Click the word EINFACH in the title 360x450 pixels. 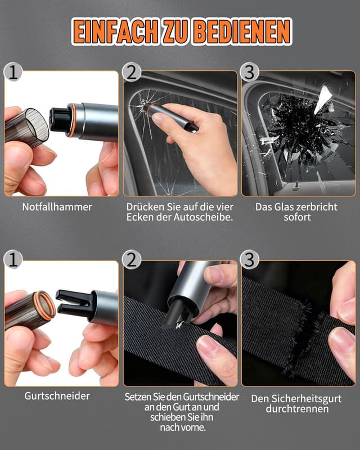tap(115, 31)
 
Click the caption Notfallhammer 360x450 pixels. tap(57, 207)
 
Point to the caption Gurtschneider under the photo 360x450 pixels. tap(57, 396)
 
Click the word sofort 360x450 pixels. tap(297, 217)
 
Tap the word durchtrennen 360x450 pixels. tap(297, 409)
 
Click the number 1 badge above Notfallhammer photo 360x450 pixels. tap(13, 72)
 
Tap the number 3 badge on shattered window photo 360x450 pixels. tap(250, 72)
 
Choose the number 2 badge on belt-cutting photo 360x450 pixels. tap(132, 260)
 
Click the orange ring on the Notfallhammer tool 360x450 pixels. tap(72, 120)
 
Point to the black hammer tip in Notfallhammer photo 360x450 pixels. tap(59, 119)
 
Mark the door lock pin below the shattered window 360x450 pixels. tap(295, 186)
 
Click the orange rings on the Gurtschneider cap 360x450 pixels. tap(44, 306)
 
